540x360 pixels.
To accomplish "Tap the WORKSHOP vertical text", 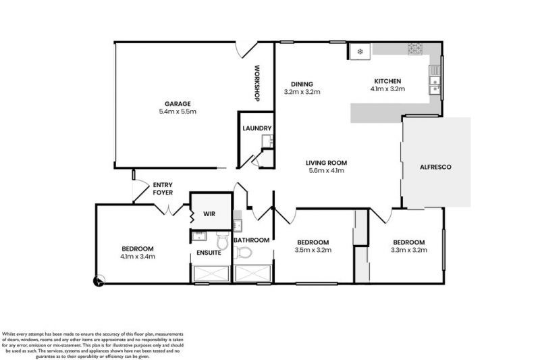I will tap(257, 84).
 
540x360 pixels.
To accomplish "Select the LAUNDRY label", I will tap(258, 128).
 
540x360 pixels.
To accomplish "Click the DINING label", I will tap(301, 84).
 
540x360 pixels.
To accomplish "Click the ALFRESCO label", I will tap(436, 166).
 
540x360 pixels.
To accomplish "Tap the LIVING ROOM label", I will tap(325, 162).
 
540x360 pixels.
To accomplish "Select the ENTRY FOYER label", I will tap(163, 188).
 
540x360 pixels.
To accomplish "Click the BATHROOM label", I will tap(251, 240).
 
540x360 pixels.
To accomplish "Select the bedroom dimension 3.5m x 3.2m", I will tap(313, 251).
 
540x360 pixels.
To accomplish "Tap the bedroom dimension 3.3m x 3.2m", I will tap(409, 251).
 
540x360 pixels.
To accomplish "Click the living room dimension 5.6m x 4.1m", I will tap(325, 171).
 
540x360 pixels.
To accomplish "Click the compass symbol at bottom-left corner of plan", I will tap(99, 281).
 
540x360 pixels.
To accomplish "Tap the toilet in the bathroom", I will tap(246, 253).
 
